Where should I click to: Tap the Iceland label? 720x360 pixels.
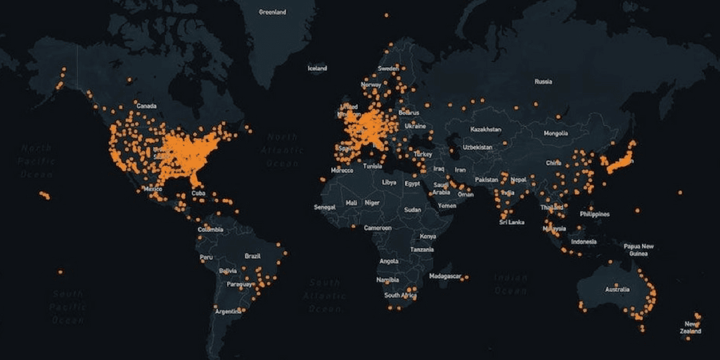[x=317, y=68]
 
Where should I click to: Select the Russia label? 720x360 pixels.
[x=543, y=82]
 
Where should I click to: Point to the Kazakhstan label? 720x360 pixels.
[x=486, y=129]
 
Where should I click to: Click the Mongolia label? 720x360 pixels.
[x=555, y=133]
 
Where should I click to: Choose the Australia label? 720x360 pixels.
[x=617, y=289]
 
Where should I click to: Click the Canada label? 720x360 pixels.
[x=146, y=105]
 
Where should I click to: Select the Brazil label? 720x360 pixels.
[x=252, y=256]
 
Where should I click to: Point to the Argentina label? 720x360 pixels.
[x=228, y=311]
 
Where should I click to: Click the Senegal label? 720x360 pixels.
[x=324, y=208]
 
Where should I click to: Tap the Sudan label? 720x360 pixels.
[x=413, y=210]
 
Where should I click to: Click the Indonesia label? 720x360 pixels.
[x=584, y=241]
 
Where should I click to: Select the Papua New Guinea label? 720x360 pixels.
[x=638, y=250]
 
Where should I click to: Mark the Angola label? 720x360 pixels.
[x=389, y=261]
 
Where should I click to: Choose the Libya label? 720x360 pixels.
[x=389, y=182]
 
